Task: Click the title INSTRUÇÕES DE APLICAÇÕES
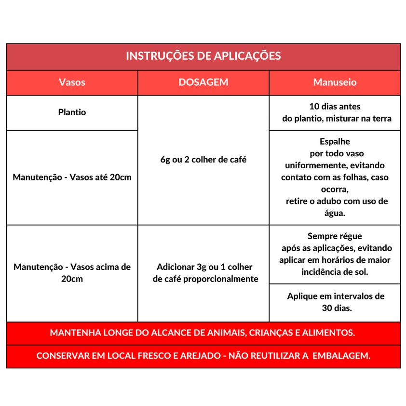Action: tap(203, 56)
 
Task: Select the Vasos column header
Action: tap(72, 82)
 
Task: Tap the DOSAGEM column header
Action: tap(203, 82)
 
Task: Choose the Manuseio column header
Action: tap(335, 82)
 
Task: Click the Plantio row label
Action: tap(72, 112)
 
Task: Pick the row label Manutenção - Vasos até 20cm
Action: tap(72, 177)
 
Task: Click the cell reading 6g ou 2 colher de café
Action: tap(203, 160)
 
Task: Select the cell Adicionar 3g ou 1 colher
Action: tap(204, 267)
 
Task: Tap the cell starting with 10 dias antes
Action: tap(335, 107)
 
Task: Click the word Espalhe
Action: tap(335, 142)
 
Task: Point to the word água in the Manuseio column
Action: tap(335, 213)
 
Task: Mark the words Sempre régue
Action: tap(335, 236)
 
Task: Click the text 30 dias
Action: tap(337, 308)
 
